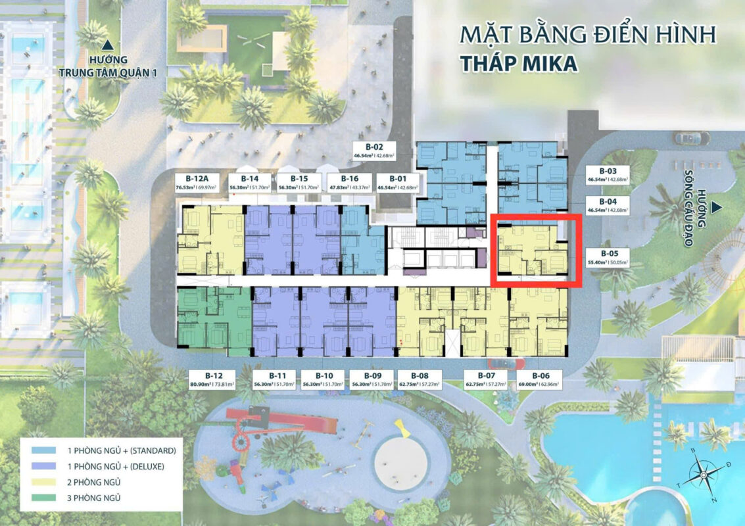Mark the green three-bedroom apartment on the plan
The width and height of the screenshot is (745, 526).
[213, 318]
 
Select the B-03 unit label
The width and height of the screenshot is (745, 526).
[608, 174]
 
